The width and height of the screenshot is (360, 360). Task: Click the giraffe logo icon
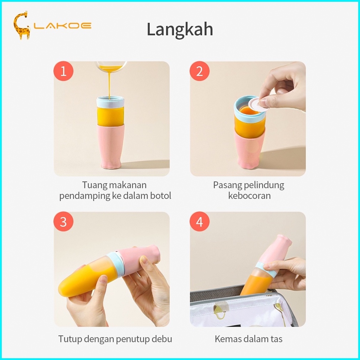(22, 25)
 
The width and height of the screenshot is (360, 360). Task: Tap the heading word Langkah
(180, 29)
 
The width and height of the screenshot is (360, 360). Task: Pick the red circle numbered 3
(63, 221)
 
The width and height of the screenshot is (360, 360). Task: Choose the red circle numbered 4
(200, 221)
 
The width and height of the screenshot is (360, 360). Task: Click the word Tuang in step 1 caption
(94, 185)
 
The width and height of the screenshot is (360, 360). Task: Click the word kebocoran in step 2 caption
(250, 196)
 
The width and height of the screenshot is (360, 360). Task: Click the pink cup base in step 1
(110, 146)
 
